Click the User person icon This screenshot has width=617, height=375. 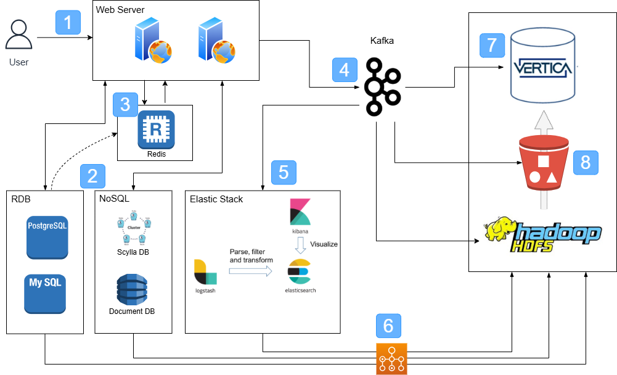(x=18, y=35)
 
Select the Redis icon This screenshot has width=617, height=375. (x=156, y=130)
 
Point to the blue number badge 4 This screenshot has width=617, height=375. (x=345, y=70)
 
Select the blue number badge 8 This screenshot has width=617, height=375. (x=585, y=162)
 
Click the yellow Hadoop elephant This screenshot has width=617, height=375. (x=501, y=229)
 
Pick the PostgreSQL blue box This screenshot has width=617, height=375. (x=47, y=237)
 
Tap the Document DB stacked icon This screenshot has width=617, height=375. (x=131, y=289)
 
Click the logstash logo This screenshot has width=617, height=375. (x=204, y=271)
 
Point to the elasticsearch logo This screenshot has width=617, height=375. (x=300, y=271)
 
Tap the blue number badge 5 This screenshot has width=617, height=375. (x=284, y=171)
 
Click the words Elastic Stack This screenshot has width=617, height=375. (x=216, y=199)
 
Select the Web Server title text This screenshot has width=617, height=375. (x=120, y=9)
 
